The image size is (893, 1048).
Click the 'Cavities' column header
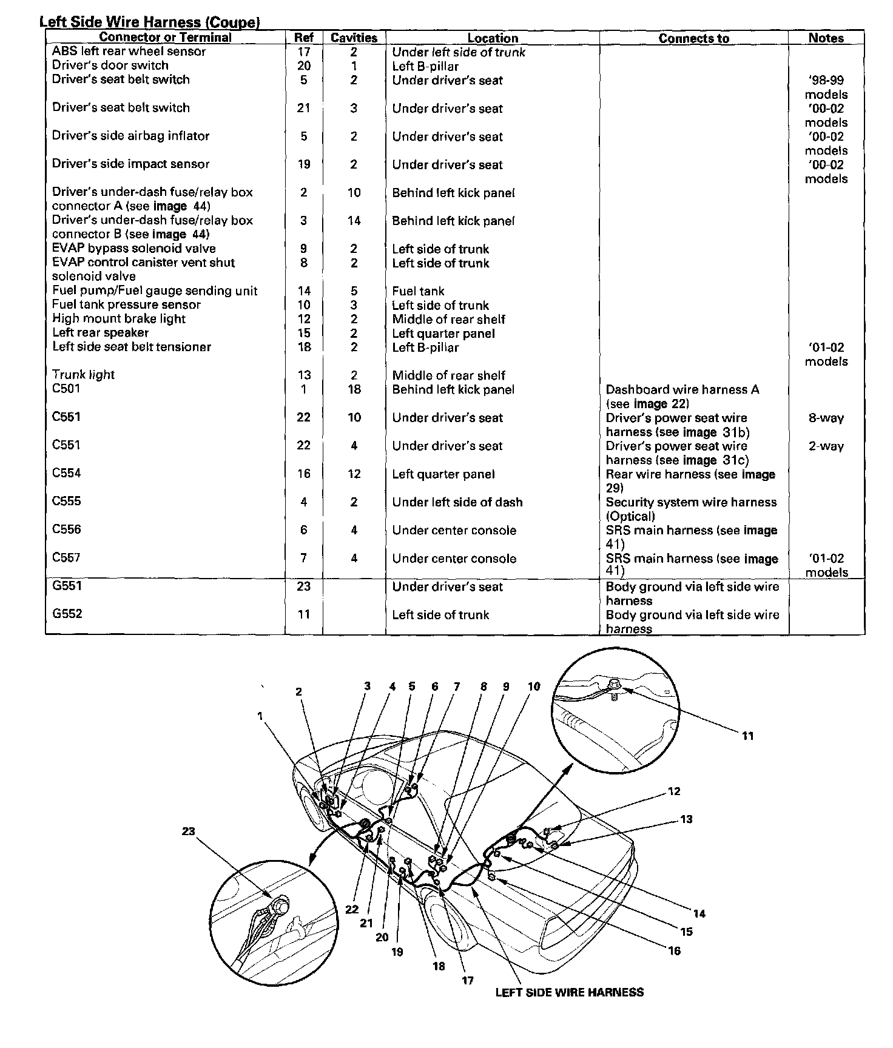pos(354,38)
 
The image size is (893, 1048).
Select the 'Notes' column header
pos(826,38)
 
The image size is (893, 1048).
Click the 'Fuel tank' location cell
pos(418,291)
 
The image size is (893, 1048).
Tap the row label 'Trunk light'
pos(83,375)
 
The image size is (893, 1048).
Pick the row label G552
pos(67,614)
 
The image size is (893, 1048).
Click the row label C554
pos(66,473)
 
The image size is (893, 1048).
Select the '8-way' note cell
pos(826,418)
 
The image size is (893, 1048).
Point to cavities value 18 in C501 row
pos(354,389)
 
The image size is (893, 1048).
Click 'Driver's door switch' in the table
pos(110,65)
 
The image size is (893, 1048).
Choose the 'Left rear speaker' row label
pos(100,333)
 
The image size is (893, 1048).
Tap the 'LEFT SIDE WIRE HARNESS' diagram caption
pos(569,993)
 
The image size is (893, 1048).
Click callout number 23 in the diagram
pos(188,831)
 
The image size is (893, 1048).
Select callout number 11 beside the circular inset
pos(747,736)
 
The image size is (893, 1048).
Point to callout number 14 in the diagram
pos(699,913)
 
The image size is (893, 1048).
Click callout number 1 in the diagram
pos(260,716)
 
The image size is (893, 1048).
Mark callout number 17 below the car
pos(468,980)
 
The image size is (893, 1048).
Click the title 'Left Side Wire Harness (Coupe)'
pos(150,22)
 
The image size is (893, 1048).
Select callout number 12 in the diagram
pos(674,791)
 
